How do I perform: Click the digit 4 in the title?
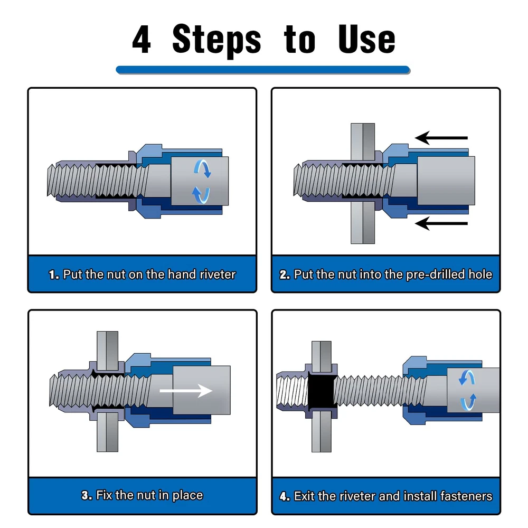click(142, 40)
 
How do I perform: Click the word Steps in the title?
click(216, 41)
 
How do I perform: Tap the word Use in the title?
click(366, 39)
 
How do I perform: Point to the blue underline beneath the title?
click(263, 70)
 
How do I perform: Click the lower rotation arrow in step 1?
click(201, 195)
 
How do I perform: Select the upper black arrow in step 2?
click(441, 138)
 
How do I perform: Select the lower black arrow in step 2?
click(441, 223)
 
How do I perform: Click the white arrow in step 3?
click(186, 391)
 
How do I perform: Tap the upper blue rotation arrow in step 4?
click(467, 377)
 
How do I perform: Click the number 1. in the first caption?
click(54, 275)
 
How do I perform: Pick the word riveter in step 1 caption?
click(218, 275)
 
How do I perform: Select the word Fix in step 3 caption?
click(104, 495)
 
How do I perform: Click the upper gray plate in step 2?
click(363, 142)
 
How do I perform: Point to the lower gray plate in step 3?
click(107, 432)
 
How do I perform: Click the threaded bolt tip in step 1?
click(51, 181)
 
